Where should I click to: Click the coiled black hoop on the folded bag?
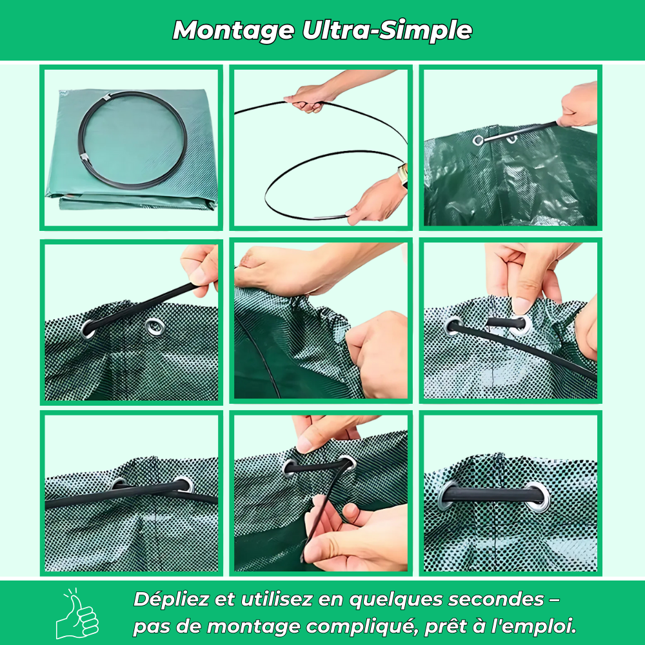click(132, 139)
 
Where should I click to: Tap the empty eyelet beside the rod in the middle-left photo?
click(154, 326)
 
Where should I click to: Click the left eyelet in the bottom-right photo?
click(448, 495)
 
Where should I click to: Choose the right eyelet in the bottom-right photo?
click(537, 495)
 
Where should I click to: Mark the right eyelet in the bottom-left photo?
click(183, 484)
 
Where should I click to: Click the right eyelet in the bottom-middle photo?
click(346, 462)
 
